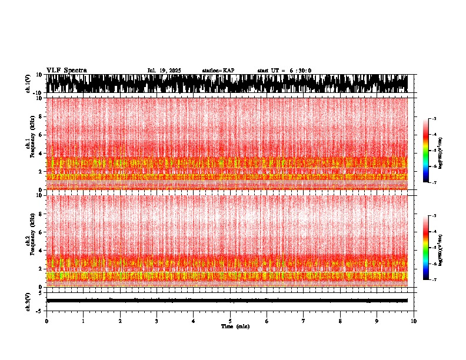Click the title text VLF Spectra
point(66,70)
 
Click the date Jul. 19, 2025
point(164,71)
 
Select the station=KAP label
point(218,71)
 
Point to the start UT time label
point(284,71)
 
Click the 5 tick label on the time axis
point(230,321)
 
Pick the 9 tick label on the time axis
point(377,321)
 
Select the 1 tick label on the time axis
point(83,321)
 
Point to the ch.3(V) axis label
point(28,301)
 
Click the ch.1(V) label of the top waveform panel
point(28,84)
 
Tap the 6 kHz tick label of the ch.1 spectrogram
point(41,135)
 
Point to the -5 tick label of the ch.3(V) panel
point(39,310)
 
